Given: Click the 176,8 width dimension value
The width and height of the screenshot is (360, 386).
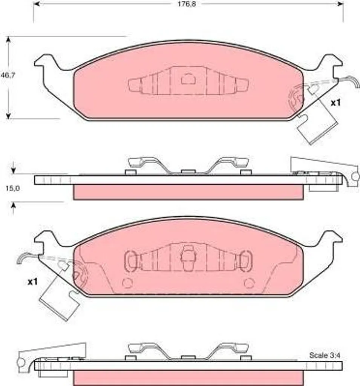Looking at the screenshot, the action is pyautogui.click(x=187, y=4).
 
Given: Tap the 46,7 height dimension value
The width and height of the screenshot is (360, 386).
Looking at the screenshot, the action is pyautogui.click(x=8, y=75).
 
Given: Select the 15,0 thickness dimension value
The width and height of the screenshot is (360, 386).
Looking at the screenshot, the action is pyautogui.click(x=12, y=188).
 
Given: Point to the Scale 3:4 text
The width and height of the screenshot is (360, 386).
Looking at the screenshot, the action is pyautogui.click(x=325, y=355).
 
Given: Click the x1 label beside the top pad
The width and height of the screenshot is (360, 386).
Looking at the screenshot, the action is pyautogui.click(x=335, y=103).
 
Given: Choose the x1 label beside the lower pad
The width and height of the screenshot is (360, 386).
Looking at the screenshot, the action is pyautogui.click(x=32, y=282).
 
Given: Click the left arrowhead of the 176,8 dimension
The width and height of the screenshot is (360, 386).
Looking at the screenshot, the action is pyautogui.click(x=37, y=4).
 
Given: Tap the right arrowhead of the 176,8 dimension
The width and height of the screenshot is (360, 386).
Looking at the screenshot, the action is pyautogui.click(x=340, y=4).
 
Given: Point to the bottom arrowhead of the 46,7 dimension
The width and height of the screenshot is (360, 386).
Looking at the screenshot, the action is pyautogui.click(x=9, y=115).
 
